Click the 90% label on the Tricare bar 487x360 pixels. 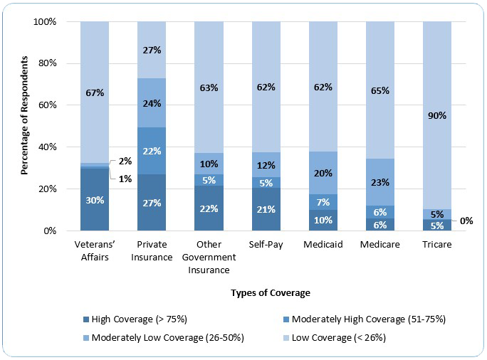(x=436, y=115)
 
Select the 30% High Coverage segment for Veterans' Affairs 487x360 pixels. (x=95, y=200)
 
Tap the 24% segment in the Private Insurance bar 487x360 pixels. (x=152, y=102)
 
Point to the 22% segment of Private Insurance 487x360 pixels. (x=152, y=151)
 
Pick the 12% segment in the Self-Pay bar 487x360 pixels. (x=266, y=165)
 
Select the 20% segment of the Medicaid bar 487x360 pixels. (x=323, y=173)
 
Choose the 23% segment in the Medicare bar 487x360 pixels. (x=379, y=181)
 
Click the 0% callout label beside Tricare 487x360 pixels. (x=466, y=221)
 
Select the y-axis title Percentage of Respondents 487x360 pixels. (x=25, y=125)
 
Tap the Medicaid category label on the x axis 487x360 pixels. (x=323, y=245)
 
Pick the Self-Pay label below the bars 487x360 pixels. (x=266, y=245)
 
